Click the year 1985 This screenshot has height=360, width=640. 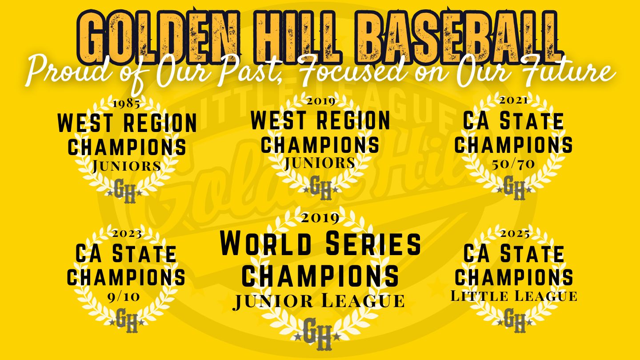pos(127,104)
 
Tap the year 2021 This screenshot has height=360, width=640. pos(513,100)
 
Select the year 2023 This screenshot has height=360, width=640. pos(127,234)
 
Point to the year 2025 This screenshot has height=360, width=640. pos(515,234)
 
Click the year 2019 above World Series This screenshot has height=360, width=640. pos(320,218)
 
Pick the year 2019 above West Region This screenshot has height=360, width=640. pos(321,101)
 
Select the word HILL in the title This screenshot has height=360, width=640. pos(297,38)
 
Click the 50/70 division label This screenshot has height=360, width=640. pos(513,164)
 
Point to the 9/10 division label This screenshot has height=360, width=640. pos(124,297)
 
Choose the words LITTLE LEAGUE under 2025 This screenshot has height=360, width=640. pos(514,296)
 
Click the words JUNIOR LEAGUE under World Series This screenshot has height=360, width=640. pos(319,301)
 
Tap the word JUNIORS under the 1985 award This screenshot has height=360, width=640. pos(127,166)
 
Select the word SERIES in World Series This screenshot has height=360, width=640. pos(373,244)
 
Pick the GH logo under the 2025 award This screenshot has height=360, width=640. pos(515,320)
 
